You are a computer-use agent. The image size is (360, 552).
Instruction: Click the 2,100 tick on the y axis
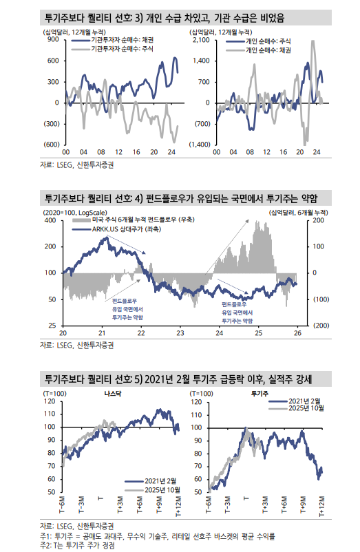click(x=202, y=41)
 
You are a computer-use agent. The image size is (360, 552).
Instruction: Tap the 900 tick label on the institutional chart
click(x=52, y=41)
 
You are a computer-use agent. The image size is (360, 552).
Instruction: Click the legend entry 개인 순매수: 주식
click(x=269, y=41)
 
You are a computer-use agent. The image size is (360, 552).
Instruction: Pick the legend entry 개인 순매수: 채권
click(x=269, y=50)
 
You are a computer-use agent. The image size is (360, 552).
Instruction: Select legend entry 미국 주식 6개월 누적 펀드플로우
click(x=144, y=220)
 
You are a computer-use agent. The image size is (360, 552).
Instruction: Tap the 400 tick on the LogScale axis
click(x=51, y=222)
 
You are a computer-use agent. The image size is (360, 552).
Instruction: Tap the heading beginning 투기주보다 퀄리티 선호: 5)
click(x=179, y=378)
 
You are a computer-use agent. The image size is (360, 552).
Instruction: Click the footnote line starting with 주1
click(x=158, y=535)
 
